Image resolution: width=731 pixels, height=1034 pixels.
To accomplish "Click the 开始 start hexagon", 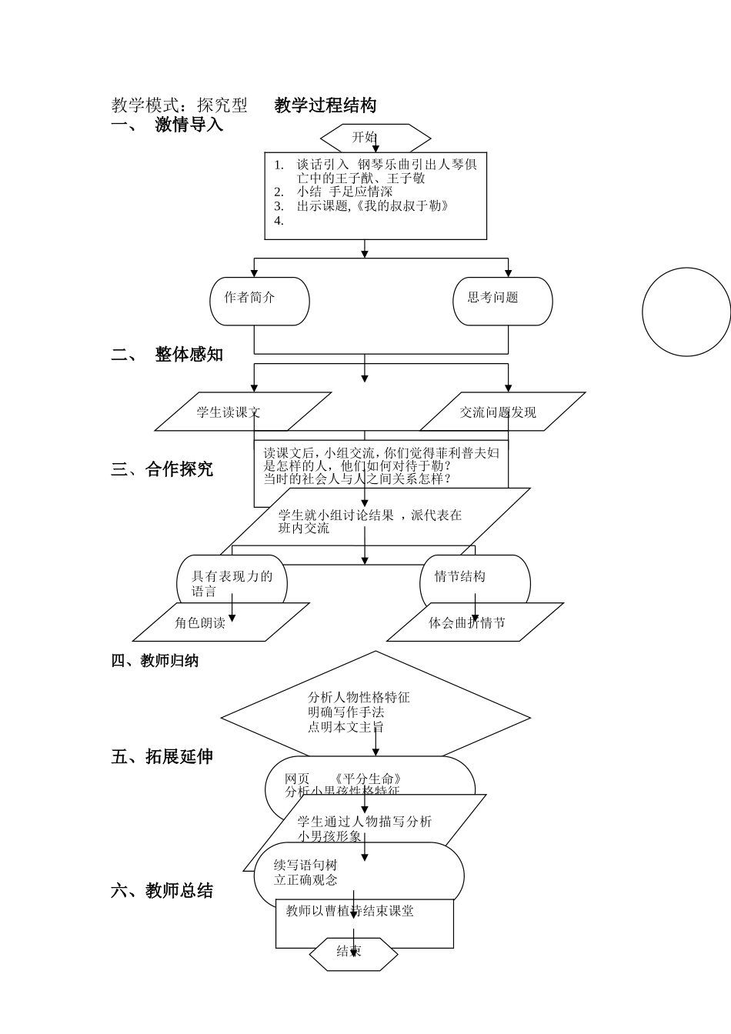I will (x=375, y=138).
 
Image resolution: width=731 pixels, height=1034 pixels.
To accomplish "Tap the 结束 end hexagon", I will (x=353, y=953).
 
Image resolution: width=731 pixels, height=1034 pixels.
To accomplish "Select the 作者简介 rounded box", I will (x=259, y=300).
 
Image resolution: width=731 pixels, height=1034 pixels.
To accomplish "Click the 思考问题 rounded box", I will (x=502, y=300).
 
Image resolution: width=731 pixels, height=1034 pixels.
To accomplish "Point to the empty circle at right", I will (x=686, y=312).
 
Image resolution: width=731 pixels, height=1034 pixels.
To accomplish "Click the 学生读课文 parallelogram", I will (x=242, y=412).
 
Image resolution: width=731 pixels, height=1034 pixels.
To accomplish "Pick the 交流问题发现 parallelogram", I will (x=502, y=412).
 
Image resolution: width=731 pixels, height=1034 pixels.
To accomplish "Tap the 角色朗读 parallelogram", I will (x=220, y=622).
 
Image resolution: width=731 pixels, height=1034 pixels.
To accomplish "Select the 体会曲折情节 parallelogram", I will (x=474, y=622).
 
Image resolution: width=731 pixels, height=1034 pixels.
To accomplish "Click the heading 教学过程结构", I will (x=325, y=105).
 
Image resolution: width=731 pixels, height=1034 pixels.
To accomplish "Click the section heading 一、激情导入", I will (x=167, y=125).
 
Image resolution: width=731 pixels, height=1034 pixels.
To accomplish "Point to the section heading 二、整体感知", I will (x=167, y=355).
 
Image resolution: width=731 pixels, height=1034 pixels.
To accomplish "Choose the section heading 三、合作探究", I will (x=162, y=469).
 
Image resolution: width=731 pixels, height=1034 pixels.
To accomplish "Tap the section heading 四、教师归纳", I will (x=155, y=661).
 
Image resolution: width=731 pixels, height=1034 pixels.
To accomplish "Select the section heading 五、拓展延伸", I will (x=162, y=757).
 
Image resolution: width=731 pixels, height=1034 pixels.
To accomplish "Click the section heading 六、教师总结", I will (x=162, y=891).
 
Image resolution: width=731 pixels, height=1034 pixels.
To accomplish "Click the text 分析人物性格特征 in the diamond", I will (x=359, y=698).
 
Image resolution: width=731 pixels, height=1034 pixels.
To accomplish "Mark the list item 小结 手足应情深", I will (x=344, y=192).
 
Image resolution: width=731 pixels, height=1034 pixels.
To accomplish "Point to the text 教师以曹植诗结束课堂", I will (x=349, y=911).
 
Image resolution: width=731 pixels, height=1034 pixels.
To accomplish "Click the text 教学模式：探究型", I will (x=179, y=105).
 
